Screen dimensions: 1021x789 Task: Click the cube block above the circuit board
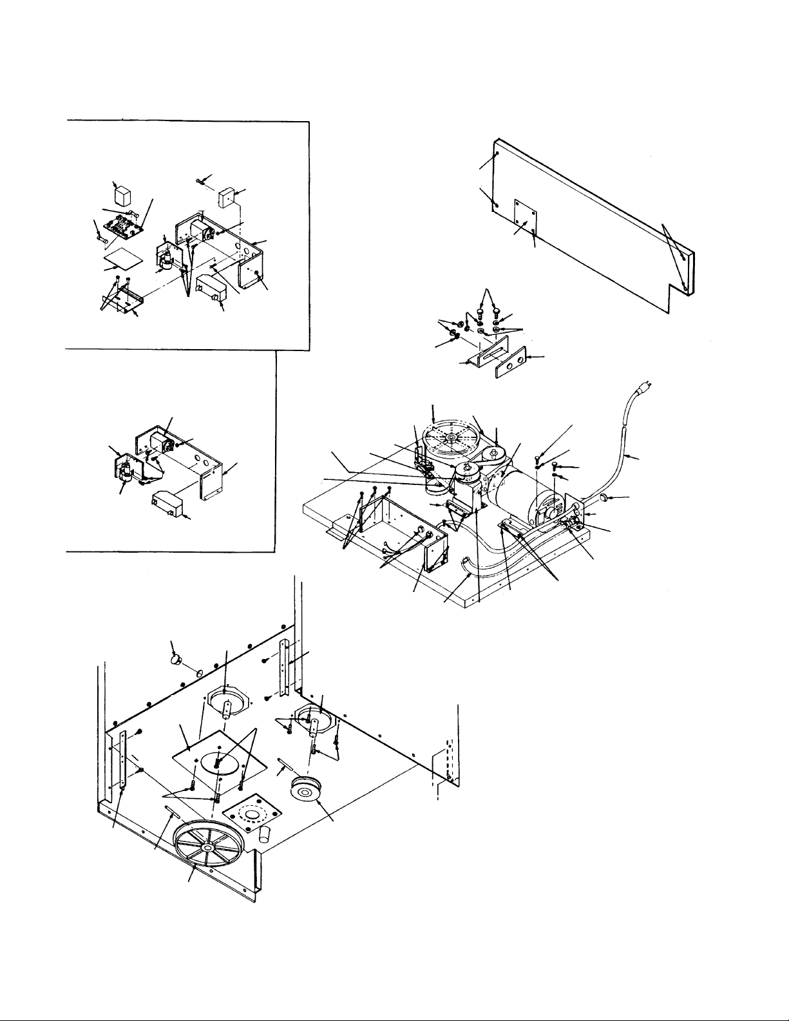121,195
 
